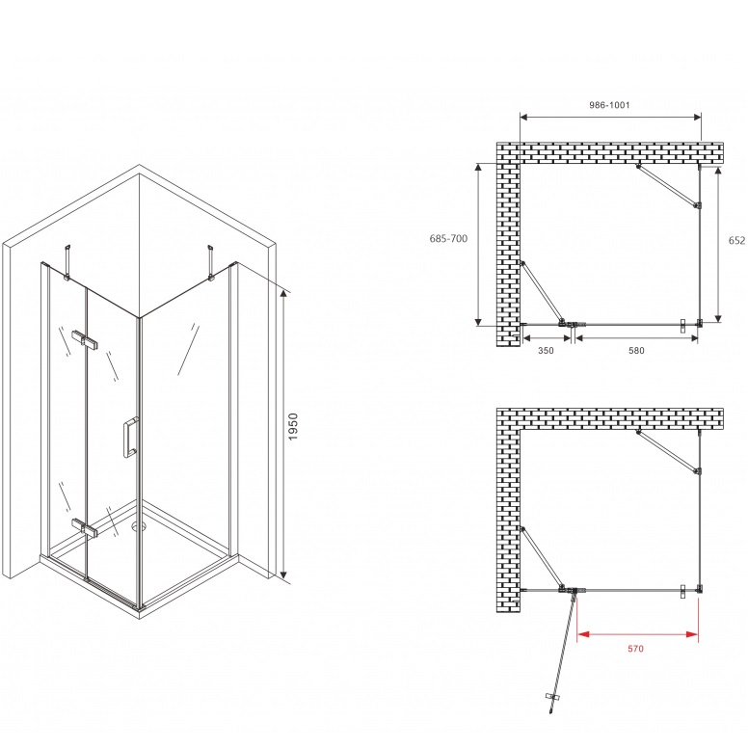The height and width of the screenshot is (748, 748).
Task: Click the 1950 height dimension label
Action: (293, 426)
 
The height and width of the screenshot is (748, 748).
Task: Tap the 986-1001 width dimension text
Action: (609, 105)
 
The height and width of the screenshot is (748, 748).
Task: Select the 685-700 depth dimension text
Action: (448, 238)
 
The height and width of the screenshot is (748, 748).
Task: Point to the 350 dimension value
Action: (546, 351)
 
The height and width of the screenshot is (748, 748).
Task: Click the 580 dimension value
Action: (636, 351)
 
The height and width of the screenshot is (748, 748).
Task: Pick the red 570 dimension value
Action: (635, 649)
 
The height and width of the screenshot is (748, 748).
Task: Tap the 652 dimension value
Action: (736, 240)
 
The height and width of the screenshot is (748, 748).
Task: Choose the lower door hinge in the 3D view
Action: (85, 526)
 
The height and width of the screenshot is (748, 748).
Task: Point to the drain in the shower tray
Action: (139, 525)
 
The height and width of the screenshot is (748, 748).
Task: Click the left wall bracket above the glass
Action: (68, 262)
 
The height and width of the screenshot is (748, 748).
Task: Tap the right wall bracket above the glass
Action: (209, 262)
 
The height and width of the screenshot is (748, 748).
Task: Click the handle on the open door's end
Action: (553, 698)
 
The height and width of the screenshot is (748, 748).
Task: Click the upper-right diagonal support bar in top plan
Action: (668, 186)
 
